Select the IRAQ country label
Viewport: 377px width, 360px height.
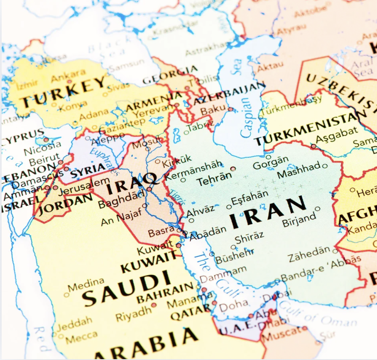pos(132,185)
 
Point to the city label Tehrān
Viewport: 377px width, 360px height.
pos(213,180)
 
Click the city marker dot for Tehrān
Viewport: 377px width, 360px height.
pos(233,169)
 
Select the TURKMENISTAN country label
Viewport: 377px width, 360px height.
pos(308,129)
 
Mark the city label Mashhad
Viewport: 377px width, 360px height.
pos(299,170)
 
